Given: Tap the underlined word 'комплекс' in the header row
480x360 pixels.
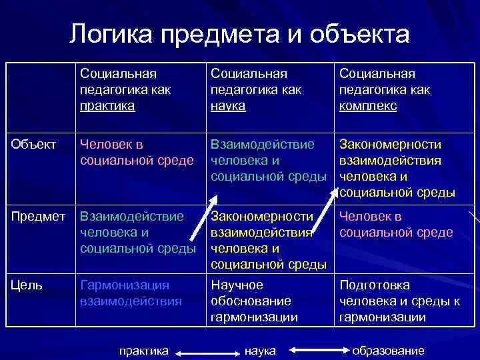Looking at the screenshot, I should coord(368,105).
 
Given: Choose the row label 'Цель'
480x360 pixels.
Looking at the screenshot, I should coord(27,285).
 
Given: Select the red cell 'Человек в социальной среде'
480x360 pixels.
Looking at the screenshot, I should coord(396,225).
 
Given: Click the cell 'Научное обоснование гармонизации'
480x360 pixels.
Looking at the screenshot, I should coord(254,301).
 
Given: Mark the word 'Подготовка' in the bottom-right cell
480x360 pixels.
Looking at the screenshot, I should coord(375,285).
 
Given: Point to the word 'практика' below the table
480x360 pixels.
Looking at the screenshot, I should coord(143,350).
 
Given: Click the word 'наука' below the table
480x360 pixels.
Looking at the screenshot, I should coord(260,350).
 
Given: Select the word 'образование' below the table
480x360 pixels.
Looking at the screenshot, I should coord(388,350).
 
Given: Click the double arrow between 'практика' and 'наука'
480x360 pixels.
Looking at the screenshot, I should coord(201,350).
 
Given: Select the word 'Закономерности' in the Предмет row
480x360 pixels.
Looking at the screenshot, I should coord(262,216).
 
